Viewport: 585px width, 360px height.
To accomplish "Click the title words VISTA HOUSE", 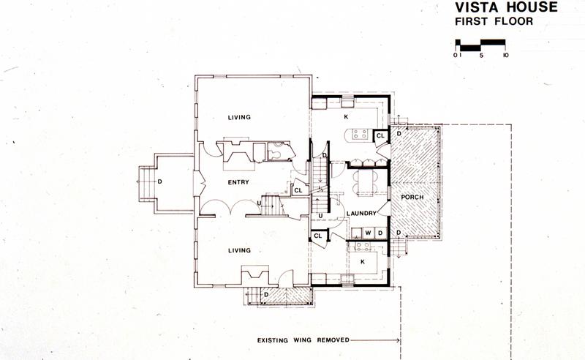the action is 506,7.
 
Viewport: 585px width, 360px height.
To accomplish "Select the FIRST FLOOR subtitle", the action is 494,21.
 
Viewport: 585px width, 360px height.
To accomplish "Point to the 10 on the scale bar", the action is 505,56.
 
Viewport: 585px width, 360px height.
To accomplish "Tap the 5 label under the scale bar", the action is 482,56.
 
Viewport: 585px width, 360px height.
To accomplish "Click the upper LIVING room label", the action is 239,117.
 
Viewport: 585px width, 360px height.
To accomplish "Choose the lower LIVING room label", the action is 239,250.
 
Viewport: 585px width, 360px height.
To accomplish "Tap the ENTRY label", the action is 238,182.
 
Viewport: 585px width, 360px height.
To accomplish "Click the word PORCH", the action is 412,197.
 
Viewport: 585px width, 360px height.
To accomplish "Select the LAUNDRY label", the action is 361,213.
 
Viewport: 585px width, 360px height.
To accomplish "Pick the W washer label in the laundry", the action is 369,233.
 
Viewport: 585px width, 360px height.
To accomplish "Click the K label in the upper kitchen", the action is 346,117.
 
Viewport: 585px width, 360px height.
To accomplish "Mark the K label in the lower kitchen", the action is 363,262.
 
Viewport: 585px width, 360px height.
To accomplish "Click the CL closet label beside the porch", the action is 380,136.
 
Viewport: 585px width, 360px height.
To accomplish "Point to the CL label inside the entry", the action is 298,190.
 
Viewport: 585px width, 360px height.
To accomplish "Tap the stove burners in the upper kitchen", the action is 361,134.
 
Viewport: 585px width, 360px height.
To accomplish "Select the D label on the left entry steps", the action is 159,182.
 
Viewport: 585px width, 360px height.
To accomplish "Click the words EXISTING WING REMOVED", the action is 303,340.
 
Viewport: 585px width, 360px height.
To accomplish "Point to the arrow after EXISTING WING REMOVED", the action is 375,340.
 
